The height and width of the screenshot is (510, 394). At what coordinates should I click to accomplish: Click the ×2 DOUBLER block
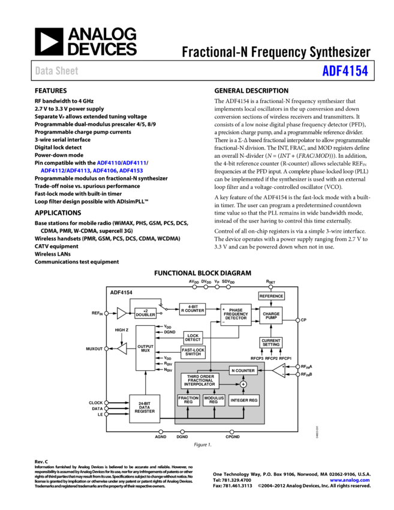click(x=145, y=313)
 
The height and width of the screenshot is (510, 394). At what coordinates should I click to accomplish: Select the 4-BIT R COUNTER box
click(x=193, y=309)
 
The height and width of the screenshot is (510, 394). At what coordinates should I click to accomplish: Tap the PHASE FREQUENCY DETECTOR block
click(x=236, y=315)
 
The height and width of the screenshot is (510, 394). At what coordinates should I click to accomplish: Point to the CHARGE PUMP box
click(x=271, y=315)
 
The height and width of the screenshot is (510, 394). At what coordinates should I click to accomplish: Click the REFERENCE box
click(x=271, y=296)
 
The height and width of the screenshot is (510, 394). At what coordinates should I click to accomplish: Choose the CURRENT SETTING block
click(x=271, y=343)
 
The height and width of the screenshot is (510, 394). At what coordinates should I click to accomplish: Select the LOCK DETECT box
click(x=193, y=338)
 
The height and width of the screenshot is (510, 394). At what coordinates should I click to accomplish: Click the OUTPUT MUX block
click(x=145, y=348)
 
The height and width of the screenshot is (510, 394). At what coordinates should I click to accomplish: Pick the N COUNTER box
click(x=243, y=370)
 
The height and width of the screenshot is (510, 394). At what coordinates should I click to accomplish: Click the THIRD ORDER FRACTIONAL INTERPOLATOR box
click(x=200, y=381)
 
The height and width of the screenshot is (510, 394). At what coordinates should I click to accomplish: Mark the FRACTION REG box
click(x=188, y=400)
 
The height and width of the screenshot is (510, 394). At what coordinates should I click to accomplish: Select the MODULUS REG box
click(x=213, y=400)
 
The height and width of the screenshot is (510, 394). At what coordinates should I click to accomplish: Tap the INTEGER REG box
click(x=244, y=400)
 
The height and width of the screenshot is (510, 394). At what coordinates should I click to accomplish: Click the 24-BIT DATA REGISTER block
click(x=145, y=408)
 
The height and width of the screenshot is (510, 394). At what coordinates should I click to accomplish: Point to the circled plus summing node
click(x=243, y=384)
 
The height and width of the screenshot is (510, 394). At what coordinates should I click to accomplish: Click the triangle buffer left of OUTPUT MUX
click(x=122, y=349)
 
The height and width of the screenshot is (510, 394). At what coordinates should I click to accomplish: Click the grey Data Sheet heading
click(x=56, y=71)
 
